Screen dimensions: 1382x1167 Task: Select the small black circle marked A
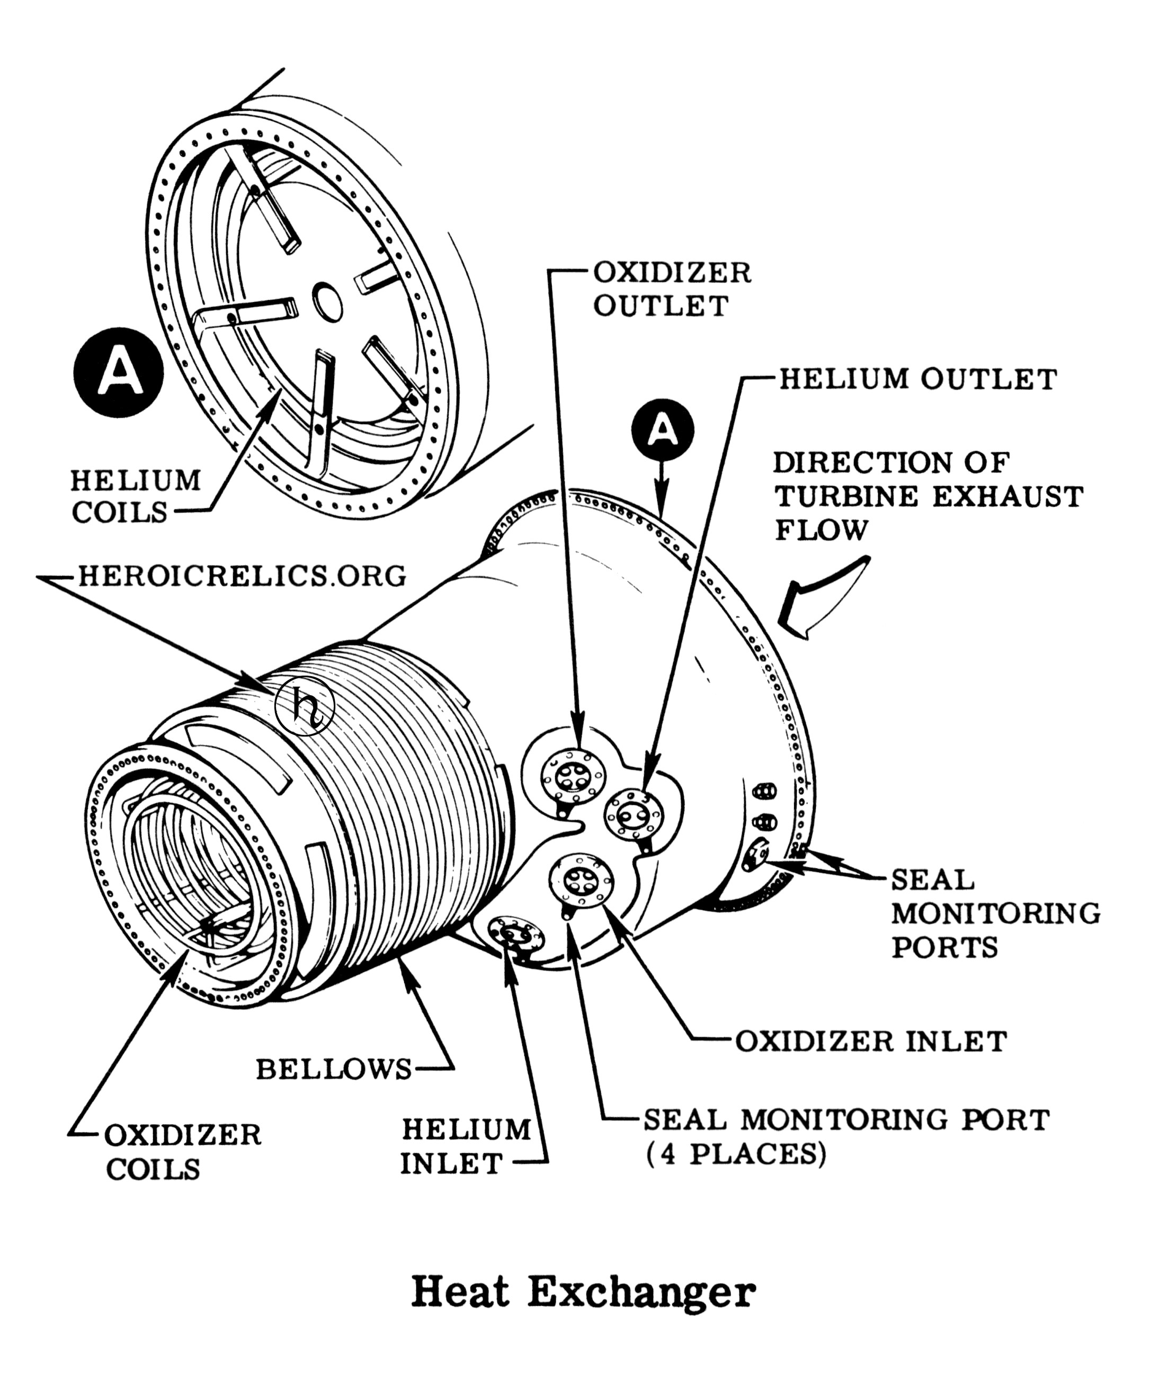pyautogui.click(x=662, y=430)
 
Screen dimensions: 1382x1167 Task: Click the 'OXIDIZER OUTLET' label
pyautogui.click(x=672, y=290)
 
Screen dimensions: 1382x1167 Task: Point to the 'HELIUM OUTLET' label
pyautogui.click(x=917, y=380)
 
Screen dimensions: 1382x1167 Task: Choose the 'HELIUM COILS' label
pyautogui.click(x=135, y=496)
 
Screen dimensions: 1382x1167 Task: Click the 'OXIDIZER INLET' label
pyautogui.click(x=871, y=1042)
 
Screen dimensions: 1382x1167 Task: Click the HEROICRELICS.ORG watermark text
pyautogui.click(x=242, y=576)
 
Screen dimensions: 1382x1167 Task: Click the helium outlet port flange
pyautogui.click(x=633, y=815)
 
